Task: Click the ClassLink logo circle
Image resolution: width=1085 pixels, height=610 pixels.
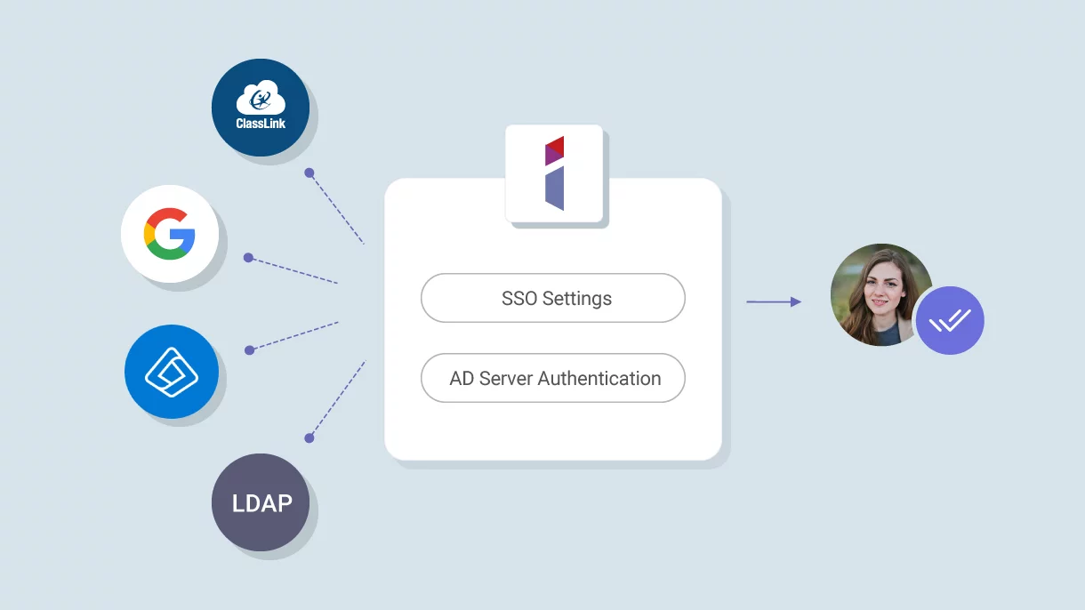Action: click(x=261, y=108)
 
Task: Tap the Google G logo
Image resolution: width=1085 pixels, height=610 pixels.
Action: click(x=170, y=234)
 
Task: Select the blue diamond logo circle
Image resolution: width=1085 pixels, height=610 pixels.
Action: click(x=172, y=372)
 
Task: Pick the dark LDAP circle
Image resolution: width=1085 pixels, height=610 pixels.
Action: click(x=261, y=503)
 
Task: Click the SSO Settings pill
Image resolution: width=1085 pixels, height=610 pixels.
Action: click(x=552, y=298)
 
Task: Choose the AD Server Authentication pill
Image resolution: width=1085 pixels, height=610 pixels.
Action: click(x=552, y=378)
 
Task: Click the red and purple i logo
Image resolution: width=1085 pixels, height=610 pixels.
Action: click(x=554, y=173)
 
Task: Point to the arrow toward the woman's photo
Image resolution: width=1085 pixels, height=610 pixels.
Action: click(x=773, y=302)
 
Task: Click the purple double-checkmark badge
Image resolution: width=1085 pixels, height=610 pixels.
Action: click(x=950, y=320)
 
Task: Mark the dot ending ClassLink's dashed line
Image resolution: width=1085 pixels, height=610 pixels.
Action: click(x=309, y=173)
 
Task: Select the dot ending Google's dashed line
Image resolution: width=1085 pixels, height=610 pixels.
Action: click(x=249, y=258)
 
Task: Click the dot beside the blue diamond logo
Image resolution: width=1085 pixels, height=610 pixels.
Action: click(x=250, y=350)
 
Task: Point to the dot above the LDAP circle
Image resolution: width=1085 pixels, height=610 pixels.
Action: click(x=309, y=437)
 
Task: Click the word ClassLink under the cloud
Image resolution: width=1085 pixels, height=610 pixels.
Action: click(x=261, y=124)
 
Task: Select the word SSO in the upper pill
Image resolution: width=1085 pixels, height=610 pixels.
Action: click(x=519, y=298)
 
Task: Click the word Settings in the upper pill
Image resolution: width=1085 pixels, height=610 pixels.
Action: click(x=577, y=298)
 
